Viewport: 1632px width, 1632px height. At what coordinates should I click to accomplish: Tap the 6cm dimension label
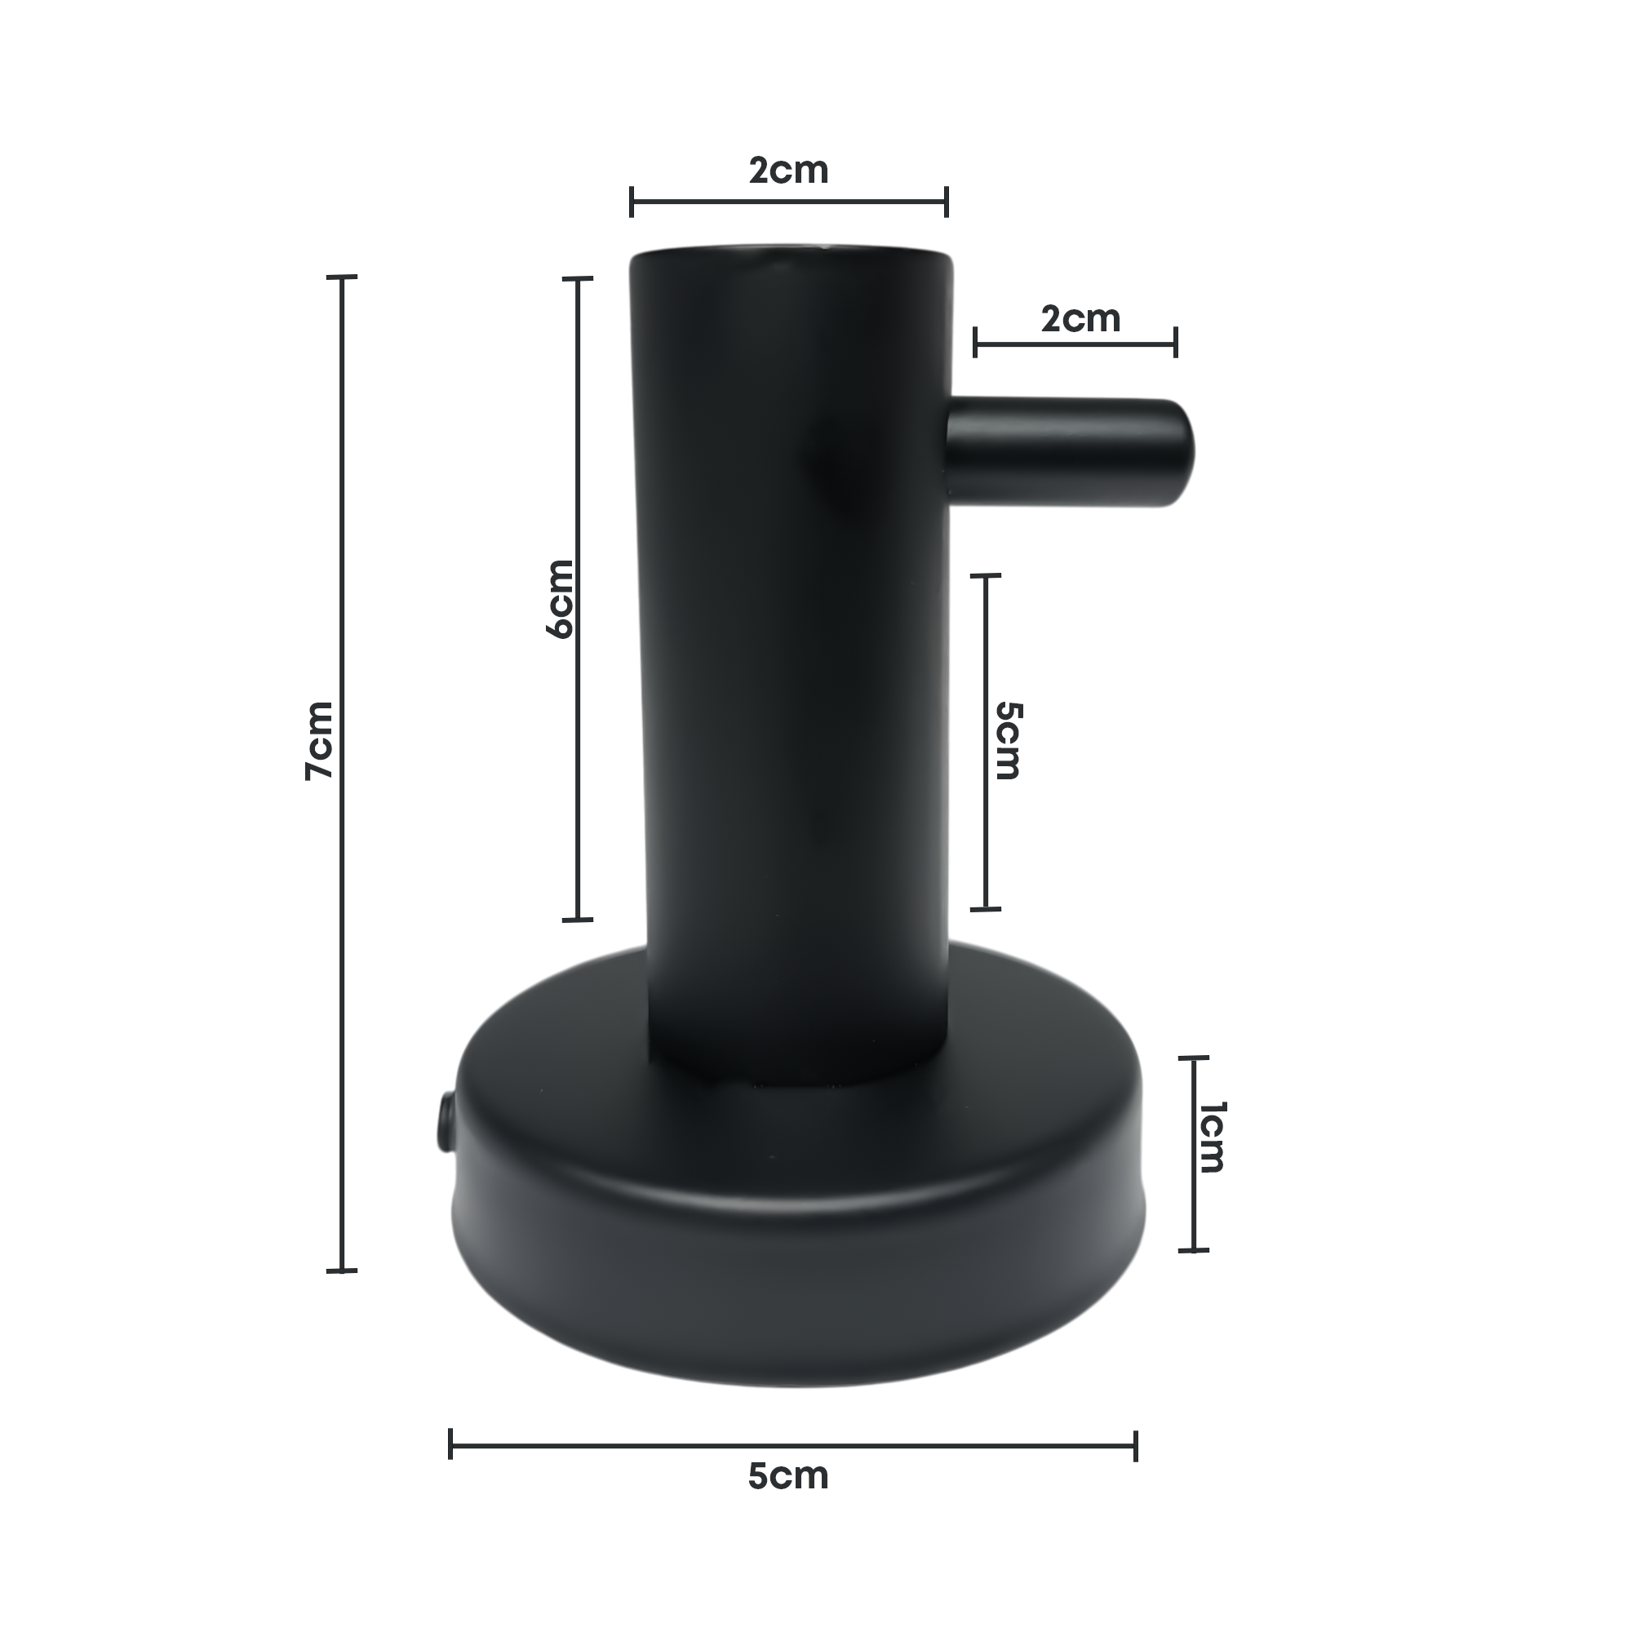(x=560, y=598)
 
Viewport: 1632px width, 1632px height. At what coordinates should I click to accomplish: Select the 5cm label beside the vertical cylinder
(x=1007, y=740)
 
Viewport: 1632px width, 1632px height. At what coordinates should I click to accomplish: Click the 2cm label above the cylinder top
(x=788, y=171)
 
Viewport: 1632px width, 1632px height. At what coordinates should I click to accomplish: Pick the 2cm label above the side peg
(x=1080, y=319)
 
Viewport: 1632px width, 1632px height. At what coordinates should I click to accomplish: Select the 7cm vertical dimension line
(x=341, y=929)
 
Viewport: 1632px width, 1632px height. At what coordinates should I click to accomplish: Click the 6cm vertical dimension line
(x=578, y=761)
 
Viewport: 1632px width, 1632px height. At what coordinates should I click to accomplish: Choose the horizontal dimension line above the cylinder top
(x=718, y=202)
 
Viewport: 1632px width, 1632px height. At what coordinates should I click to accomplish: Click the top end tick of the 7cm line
(x=341, y=277)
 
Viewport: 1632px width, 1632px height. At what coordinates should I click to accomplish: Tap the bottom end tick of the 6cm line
(x=578, y=919)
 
